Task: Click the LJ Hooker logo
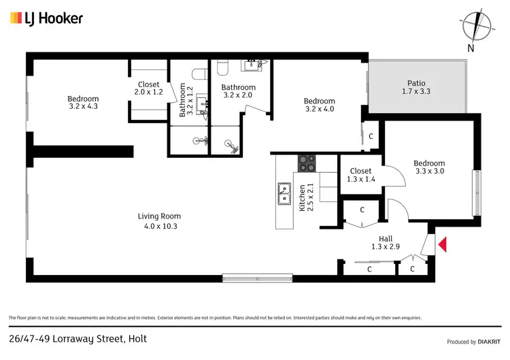coord(46,18)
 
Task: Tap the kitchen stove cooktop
coord(307,163)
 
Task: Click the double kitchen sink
coord(285,194)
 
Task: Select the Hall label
coord(386,238)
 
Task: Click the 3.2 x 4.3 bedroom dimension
coord(84,106)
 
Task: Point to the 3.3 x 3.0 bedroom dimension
coord(429,171)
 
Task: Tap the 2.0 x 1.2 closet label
coord(148,92)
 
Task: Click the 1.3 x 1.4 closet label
coord(360,180)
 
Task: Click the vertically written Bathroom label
coord(182,100)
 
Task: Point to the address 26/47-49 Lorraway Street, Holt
coord(78,338)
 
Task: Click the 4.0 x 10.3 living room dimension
coord(158,226)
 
